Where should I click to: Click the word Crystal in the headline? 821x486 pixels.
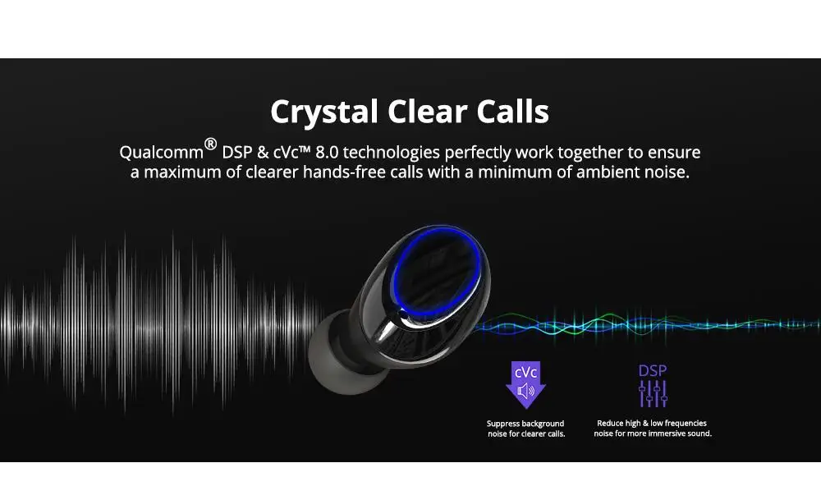(x=324, y=112)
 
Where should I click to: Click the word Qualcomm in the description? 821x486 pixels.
(x=161, y=153)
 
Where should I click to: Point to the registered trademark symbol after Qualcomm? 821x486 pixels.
(x=210, y=144)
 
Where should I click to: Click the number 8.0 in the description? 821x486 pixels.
(x=327, y=153)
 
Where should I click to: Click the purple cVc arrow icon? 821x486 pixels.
(x=525, y=385)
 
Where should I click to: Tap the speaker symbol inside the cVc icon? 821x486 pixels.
(x=525, y=392)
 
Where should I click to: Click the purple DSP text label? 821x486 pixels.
(x=653, y=371)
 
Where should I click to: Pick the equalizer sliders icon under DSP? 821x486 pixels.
(x=653, y=394)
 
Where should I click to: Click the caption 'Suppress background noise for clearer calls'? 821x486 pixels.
(x=526, y=429)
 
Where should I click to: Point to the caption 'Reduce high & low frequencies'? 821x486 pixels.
(x=652, y=423)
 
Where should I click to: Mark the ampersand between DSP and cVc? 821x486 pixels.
(x=263, y=153)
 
